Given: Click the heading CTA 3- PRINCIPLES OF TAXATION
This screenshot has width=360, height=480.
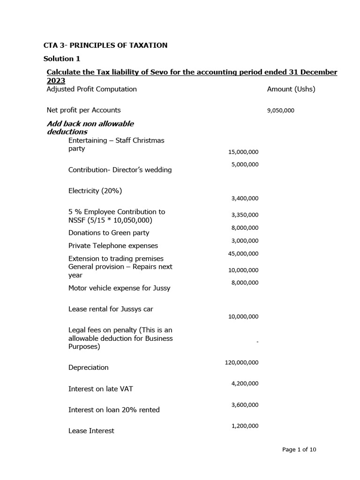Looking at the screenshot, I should pos(105,45).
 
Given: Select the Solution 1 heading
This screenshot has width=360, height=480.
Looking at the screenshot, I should pos(65,59).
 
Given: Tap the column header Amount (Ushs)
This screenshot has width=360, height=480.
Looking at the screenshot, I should pos(291,89).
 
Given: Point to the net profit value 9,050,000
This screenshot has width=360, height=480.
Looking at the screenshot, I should pos(280,111).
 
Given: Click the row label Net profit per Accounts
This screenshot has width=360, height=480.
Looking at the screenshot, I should pos(83,110).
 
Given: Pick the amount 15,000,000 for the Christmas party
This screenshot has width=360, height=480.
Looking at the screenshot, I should pos(243,152).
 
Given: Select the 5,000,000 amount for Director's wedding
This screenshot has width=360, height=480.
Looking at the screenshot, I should pos(245,165).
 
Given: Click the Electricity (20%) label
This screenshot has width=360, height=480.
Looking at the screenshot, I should pos(96,191).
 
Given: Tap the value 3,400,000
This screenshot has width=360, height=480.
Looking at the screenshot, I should pos(245,199).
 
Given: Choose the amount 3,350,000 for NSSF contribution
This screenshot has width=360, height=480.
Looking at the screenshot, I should pos(245,215).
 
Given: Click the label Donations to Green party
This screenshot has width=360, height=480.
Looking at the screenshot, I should pos(109,233).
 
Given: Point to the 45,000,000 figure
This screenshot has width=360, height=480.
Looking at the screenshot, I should pos(243,254).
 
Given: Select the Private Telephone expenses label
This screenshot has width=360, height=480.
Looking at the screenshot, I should pos(113,246).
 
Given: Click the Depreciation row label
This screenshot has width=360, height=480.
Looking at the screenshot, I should pos(88,367).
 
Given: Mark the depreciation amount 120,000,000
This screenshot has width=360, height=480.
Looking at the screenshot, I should pos(241,363).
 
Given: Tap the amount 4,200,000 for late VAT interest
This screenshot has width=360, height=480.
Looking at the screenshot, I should pos(245,383).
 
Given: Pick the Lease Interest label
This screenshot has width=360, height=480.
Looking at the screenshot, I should pos(91,431).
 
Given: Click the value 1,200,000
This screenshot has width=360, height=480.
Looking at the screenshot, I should pos(245,426).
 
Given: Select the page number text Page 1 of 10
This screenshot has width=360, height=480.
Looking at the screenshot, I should pos(299,450).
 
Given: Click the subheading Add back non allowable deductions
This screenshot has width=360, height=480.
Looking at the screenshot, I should pos(90,127).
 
